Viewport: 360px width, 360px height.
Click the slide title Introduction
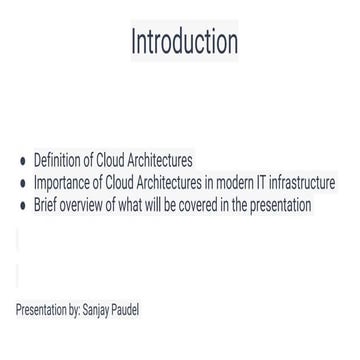[x=185, y=42]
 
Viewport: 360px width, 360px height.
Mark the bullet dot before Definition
[x=23, y=162]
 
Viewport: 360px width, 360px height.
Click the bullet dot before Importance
[x=23, y=184]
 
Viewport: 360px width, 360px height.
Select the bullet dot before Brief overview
[x=23, y=206]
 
